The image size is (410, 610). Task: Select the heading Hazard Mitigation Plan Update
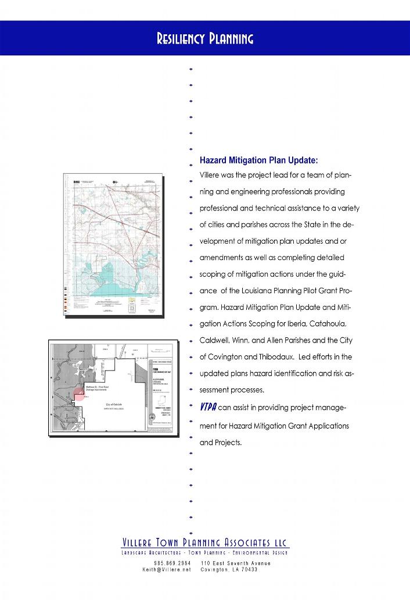click(258, 160)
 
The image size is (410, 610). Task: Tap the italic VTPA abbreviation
click(207, 406)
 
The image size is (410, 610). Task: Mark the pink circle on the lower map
click(79, 395)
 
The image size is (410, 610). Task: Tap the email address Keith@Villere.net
click(167, 570)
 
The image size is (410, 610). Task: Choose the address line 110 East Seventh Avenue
click(235, 563)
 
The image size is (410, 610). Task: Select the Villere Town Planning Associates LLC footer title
click(205, 543)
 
